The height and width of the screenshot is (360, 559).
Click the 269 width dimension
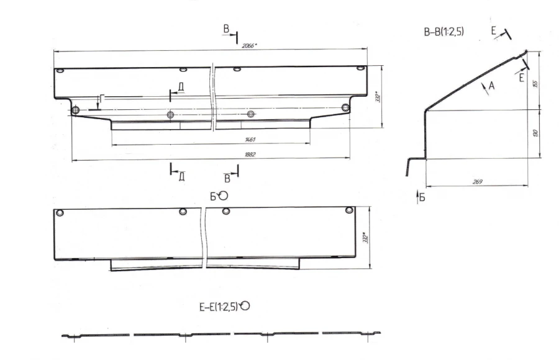tap(477, 182)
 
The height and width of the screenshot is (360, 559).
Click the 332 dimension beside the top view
tap(376, 99)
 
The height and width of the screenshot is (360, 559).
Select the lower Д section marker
tap(180, 176)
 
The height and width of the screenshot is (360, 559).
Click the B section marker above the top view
tap(227, 29)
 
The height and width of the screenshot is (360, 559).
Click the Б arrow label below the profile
tap(422, 198)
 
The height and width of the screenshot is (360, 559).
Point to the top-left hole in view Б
tap(60, 214)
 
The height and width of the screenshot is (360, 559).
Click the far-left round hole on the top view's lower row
tap(75, 111)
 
